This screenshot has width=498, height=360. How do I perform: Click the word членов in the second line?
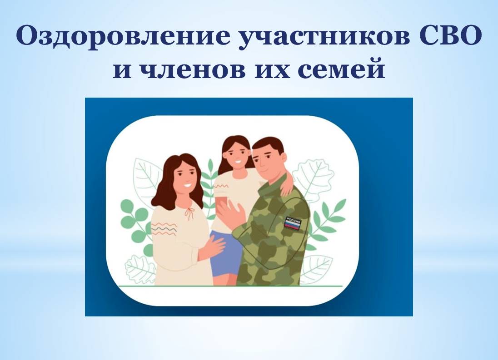pos(193,69)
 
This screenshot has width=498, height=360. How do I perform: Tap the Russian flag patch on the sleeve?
pos(292,223)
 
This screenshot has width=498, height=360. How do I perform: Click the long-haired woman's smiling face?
pos(185,176)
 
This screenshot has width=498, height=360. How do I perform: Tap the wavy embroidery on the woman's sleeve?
pos(164,229)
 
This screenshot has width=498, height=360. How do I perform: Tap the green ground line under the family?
pos(230,286)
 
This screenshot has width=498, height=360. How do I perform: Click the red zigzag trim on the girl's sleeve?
pos(221,186)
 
